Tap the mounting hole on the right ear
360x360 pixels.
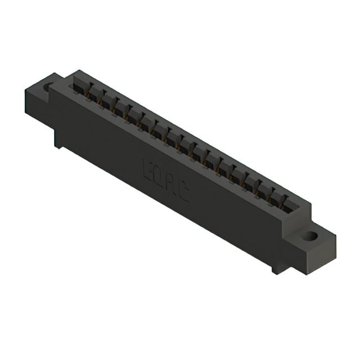309,237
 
